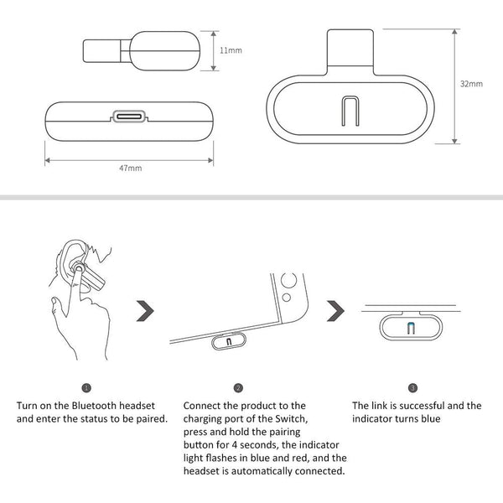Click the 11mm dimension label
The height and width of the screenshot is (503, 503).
(231, 50)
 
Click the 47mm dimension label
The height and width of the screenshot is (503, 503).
(130, 168)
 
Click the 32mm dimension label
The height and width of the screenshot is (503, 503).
(472, 85)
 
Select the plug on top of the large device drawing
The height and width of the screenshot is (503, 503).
(350, 49)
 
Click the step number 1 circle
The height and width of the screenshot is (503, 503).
(86, 388)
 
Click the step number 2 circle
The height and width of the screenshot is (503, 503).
(239, 388)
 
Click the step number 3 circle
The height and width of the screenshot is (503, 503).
(412, 388)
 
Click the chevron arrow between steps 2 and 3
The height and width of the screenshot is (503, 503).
(336, 310)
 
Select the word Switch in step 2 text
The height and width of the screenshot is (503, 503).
(295, 419)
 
